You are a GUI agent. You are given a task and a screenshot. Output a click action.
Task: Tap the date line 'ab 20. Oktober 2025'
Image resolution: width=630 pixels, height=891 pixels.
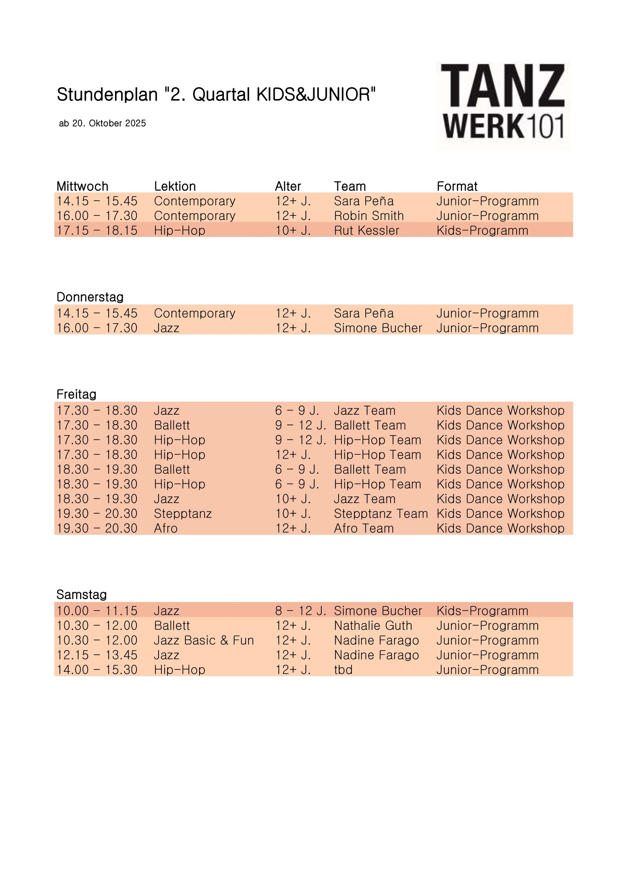[x=103, y=123]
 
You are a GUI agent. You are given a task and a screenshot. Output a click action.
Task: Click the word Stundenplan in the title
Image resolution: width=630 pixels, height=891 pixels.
[x=107, y=95]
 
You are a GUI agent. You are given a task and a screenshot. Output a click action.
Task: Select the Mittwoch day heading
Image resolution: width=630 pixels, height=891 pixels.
[x=82, y=186]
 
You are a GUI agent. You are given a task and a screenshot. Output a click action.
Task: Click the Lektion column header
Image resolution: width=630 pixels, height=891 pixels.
[x=175, y=186]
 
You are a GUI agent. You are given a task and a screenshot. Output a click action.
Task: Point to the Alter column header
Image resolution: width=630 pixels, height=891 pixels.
[x=288, y=186]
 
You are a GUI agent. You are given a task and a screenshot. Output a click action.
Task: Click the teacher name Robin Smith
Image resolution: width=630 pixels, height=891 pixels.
[x=369, y=216]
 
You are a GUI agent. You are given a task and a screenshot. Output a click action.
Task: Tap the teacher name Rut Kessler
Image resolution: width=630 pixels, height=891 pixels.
[x=366, y=231]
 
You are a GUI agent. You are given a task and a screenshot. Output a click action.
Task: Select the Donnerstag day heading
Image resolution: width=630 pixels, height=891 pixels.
[x=90, y=297]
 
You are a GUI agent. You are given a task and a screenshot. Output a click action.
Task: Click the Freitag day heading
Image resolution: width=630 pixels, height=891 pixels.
[x=76, y=394]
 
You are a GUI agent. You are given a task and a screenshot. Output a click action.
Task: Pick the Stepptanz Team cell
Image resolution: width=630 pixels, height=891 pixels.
[x=381, y=514]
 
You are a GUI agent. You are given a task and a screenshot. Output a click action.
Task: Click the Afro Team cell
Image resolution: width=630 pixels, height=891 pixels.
[x=364, y=528]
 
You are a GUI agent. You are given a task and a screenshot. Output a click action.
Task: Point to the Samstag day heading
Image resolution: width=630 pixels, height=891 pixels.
[x=82, y=594]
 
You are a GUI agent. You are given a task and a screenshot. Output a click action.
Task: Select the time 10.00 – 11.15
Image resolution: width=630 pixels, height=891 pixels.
[x=97, y=611]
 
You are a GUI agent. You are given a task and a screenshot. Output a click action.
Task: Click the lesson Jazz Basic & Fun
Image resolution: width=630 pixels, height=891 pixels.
[x=204, y=640]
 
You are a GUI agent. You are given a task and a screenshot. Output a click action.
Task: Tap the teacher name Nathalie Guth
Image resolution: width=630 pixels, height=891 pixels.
[x=373, y=626]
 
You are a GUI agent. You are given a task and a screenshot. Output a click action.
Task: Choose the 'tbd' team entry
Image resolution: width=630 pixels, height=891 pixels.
[x=343, y=670]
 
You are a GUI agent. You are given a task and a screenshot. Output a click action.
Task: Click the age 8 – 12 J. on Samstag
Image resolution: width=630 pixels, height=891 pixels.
[x=300, y=611]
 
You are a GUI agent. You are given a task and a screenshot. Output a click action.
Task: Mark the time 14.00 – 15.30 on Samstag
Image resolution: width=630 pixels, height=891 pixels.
[x=97, y=670]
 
